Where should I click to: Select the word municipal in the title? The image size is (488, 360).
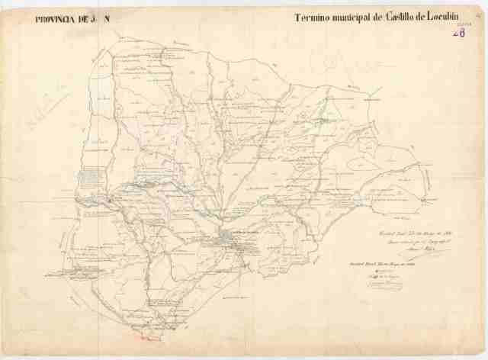pyautogui.click(x=353, y=18)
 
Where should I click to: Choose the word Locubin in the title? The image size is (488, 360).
pyautogui.click(x=457, y=17)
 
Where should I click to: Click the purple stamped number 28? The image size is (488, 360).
pyautogui.click(x=460, y=32)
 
